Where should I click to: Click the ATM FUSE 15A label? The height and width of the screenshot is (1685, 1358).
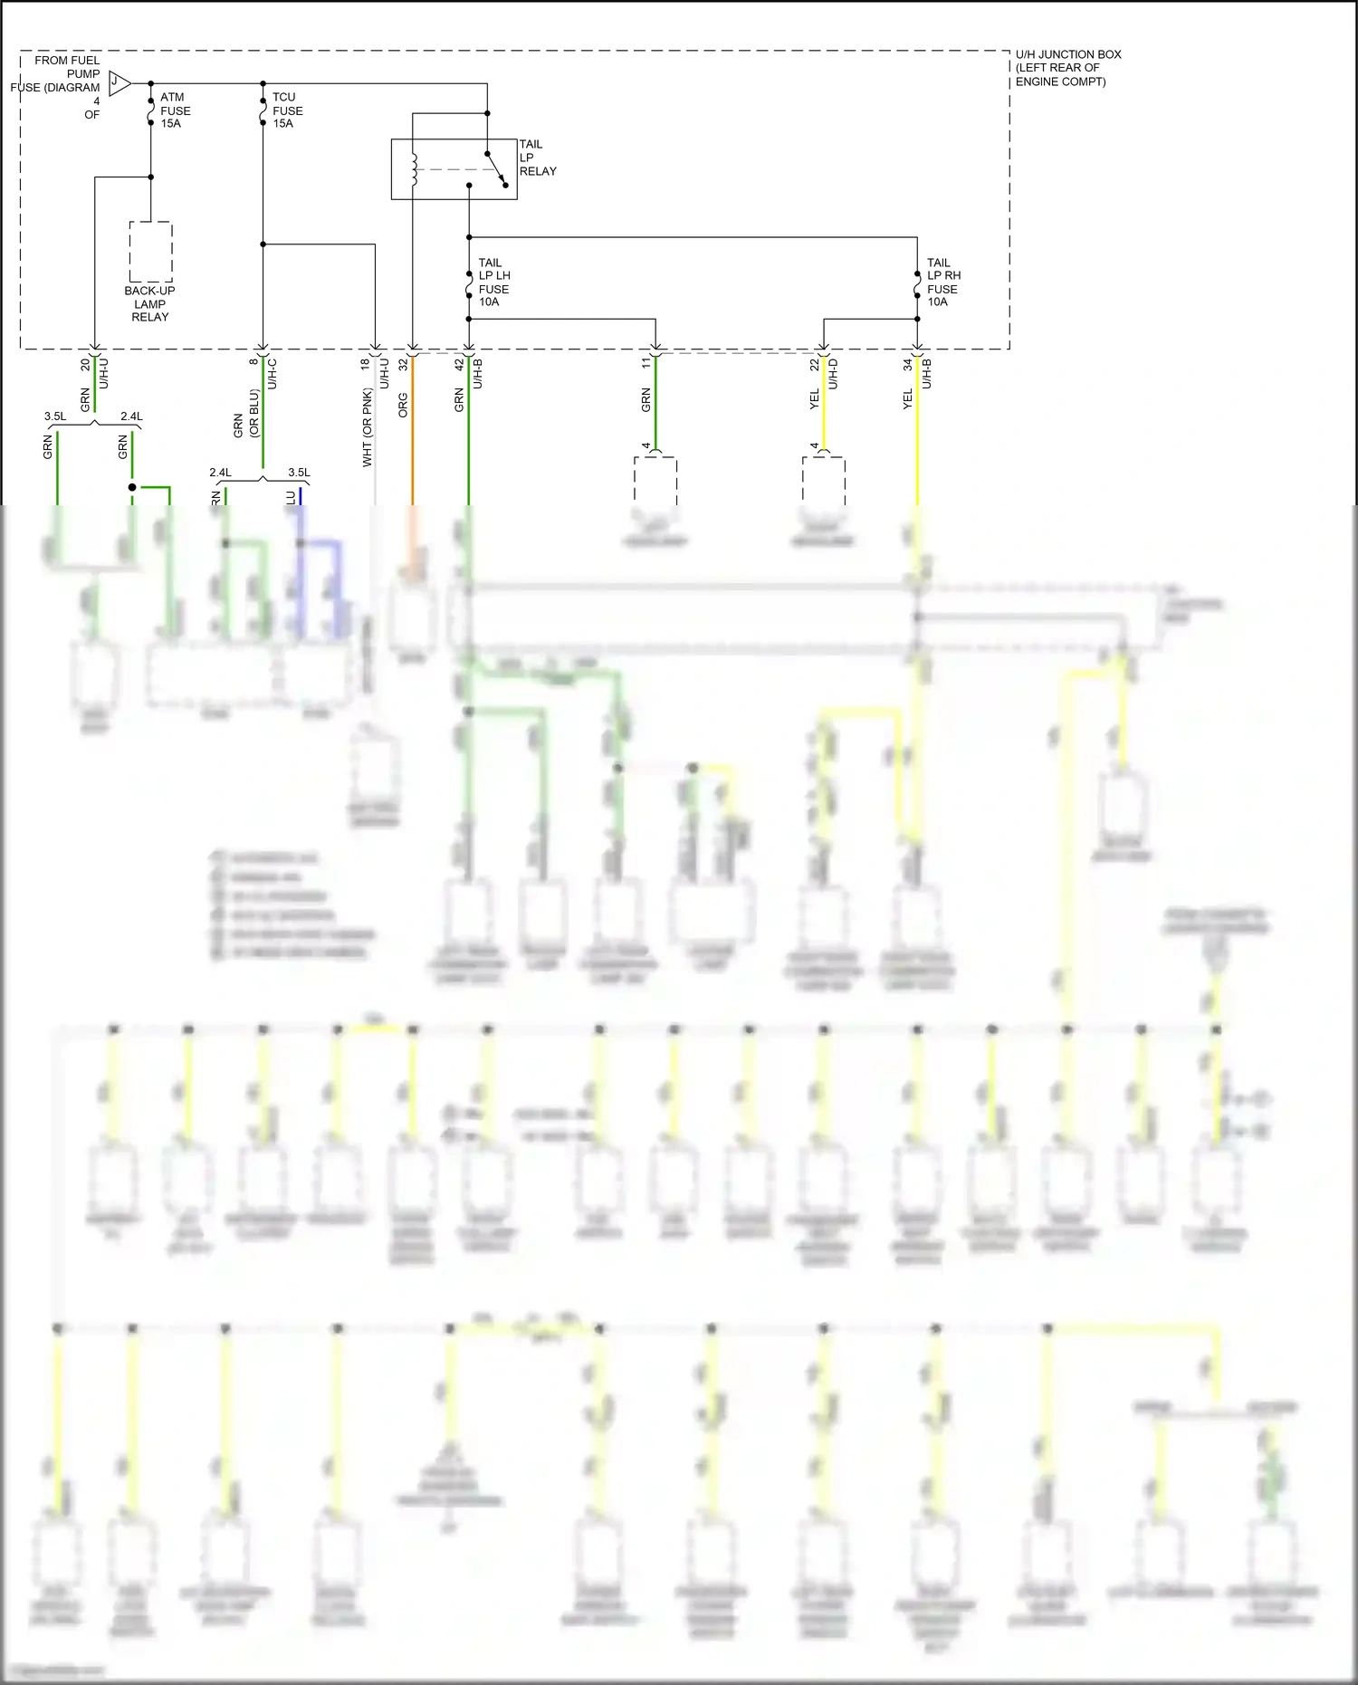point(175,110)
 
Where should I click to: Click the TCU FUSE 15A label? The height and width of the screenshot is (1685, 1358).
point(287,110)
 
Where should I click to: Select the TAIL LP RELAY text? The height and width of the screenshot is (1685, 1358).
point(537,158)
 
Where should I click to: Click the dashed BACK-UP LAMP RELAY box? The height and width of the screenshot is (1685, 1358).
point(151,252)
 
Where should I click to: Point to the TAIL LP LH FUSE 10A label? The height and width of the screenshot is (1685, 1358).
point(493,282)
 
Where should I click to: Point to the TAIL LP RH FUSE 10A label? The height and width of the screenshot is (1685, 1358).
point(942,282)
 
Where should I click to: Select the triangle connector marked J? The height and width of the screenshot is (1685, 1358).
point(118,83)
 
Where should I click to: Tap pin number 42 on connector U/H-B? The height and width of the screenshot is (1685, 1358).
point(459,364)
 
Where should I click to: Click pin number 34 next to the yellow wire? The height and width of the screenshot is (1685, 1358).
point(907,364)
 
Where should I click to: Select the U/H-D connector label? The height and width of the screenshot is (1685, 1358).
point(834,374)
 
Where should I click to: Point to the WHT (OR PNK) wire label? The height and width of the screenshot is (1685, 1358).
point(367,427)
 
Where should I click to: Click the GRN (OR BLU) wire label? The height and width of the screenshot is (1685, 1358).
point(246,415)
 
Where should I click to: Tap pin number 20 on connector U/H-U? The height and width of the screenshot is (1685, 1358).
point(85,364)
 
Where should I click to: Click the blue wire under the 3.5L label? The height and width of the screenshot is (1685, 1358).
point(301,496)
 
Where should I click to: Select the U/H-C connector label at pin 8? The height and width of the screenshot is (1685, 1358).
point(273,374)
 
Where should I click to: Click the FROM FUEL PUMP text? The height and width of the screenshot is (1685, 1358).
point(67,67)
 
